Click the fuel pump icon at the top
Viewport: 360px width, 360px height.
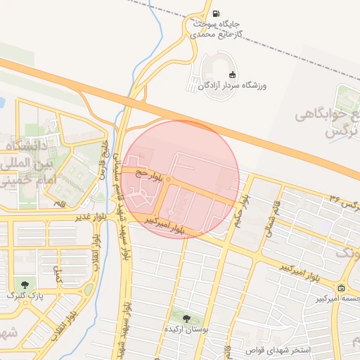click(x=215, y=13)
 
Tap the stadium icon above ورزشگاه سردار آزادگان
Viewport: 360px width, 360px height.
click(x=232, y=75)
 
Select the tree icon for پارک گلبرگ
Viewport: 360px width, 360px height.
click(x=26, y=285)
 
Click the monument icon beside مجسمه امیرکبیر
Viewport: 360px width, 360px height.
click(x=341, y=288)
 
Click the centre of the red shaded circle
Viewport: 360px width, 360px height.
click(x=180, y=179)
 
